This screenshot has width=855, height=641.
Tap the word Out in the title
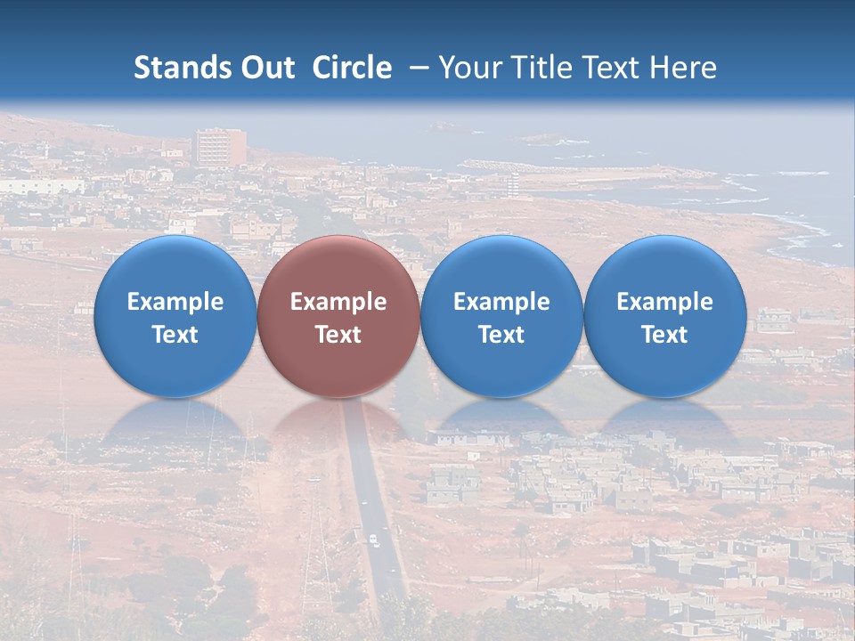coord(265,68)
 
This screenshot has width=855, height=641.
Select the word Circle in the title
coord(352,68)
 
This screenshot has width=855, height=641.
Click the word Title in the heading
coord(537,68)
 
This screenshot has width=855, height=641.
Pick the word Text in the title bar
coord(609,68)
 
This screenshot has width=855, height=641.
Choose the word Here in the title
coord(683,68)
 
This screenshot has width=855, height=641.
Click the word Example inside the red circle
coord(338,302)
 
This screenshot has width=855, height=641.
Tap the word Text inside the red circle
coord(338,335)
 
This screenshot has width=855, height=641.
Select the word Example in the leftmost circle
coord(175,302)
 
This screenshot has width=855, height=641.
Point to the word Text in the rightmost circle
coord(664,335)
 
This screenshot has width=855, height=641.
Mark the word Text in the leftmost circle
coord(175,335)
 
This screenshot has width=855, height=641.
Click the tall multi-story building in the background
coord(220,147)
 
